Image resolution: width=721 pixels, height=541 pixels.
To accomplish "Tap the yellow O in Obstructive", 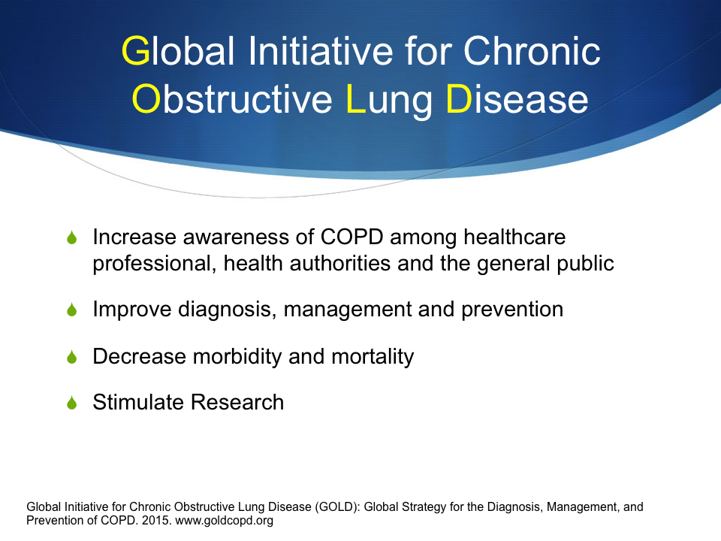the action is (x=146, y=99).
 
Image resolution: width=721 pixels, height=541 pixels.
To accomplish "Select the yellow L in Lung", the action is (x=355, y=98).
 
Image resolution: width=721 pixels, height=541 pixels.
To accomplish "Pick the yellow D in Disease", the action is (x=459, y=98).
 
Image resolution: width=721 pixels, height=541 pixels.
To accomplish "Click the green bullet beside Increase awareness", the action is (x=72, y=237).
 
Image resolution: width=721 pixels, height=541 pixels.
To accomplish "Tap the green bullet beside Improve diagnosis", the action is (x=72, y=310).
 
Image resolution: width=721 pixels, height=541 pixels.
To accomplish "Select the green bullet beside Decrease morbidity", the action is (x=72, y=356).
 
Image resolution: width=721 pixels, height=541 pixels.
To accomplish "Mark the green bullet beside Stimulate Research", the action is (x=72, y=403).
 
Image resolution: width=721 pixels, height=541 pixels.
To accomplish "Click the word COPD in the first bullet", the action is (x=351, y=237).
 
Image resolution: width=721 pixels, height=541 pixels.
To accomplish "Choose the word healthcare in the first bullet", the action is (x=514, y=237).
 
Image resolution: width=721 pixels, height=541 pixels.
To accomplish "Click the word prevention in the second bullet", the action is (x=512, y=310).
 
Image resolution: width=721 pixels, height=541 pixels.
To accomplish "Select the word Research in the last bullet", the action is (x=237, y=402).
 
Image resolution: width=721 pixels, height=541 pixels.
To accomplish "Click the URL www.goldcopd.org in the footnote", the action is (x=225, y=521).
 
